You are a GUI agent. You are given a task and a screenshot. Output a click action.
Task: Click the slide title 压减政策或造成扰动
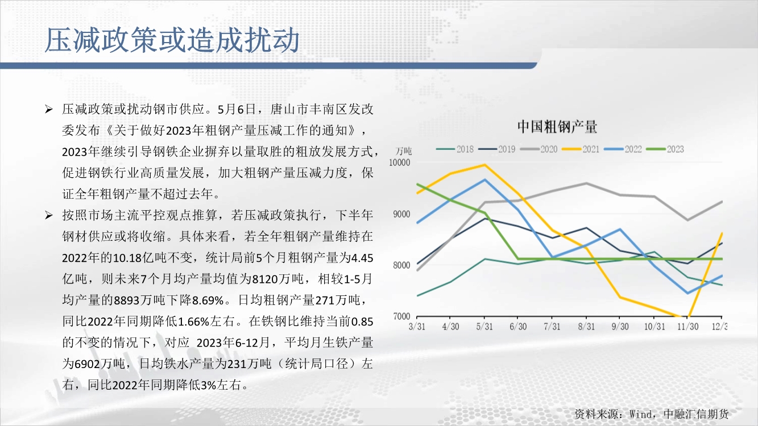pos(172,40)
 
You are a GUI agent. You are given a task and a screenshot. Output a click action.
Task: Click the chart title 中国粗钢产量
pos(557,127)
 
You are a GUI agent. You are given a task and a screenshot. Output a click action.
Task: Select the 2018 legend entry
pos(455,149)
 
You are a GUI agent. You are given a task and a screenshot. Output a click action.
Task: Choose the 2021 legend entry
pos(581,149)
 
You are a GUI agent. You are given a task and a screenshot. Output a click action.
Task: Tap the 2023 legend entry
pos(665,149)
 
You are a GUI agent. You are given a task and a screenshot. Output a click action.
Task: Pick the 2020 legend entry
pos(539,149)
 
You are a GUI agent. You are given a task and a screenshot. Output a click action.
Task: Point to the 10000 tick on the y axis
pos(400,162)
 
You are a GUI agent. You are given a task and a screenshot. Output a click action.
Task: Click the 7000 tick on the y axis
pos(401,316)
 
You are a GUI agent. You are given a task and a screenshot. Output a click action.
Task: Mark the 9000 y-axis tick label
pos(401,214)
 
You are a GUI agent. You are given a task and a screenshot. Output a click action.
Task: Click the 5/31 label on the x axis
pos(484,327)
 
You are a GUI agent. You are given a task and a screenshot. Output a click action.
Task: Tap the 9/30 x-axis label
pos(620,327)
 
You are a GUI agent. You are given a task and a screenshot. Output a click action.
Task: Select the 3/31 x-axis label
pos(417,327)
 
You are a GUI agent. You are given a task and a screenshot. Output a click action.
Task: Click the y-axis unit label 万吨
pos(404,151)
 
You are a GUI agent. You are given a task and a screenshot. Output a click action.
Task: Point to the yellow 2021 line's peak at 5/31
pos(484,165)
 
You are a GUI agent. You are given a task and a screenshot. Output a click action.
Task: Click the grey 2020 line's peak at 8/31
pos(586,183)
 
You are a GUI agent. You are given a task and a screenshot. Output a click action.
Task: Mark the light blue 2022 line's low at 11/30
pos(687,293)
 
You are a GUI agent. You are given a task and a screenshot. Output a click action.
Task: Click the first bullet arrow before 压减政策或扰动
pos(49,109)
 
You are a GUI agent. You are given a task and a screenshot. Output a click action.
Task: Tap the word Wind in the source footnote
pos(641,414)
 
